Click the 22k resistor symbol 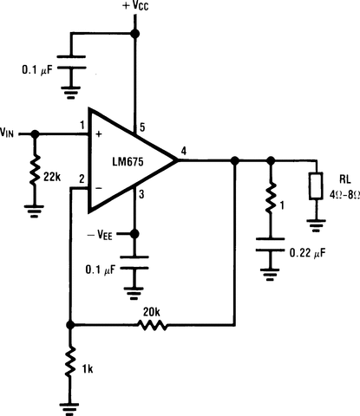[35, 173]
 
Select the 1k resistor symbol [70, 365]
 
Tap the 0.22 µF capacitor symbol [270, 252]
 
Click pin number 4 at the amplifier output [183, 152]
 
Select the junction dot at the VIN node [35, 134]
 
